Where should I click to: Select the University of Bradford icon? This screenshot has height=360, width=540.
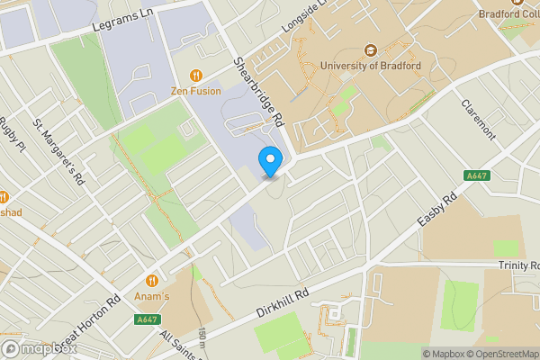point(370,50)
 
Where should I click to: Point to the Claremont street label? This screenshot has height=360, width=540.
point(478,118)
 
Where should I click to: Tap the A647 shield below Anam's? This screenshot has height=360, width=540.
point(148,319)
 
